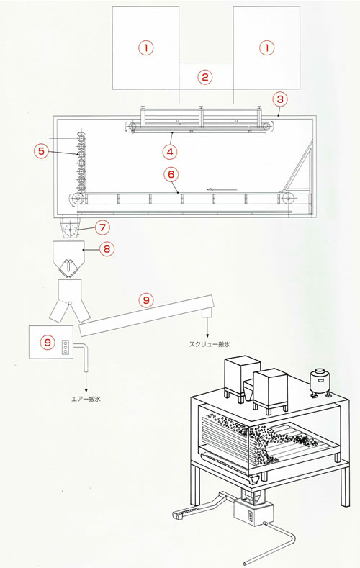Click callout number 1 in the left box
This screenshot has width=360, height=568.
(x=145, y=48)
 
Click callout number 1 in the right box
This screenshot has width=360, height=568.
(x=266, y=48)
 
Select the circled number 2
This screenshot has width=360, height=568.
(x=206, y=76)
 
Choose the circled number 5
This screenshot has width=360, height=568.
(x=41, y=151)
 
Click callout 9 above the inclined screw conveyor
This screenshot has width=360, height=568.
(x=146, y=299)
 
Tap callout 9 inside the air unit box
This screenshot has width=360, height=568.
(x=48, y=343)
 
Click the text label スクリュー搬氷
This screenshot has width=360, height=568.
(x=209, y=346)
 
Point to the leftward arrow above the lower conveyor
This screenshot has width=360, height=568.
(x=219, y=190)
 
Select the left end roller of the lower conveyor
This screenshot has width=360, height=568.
(x=76, y=199)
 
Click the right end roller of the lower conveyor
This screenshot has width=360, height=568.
(x=288, y=199)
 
